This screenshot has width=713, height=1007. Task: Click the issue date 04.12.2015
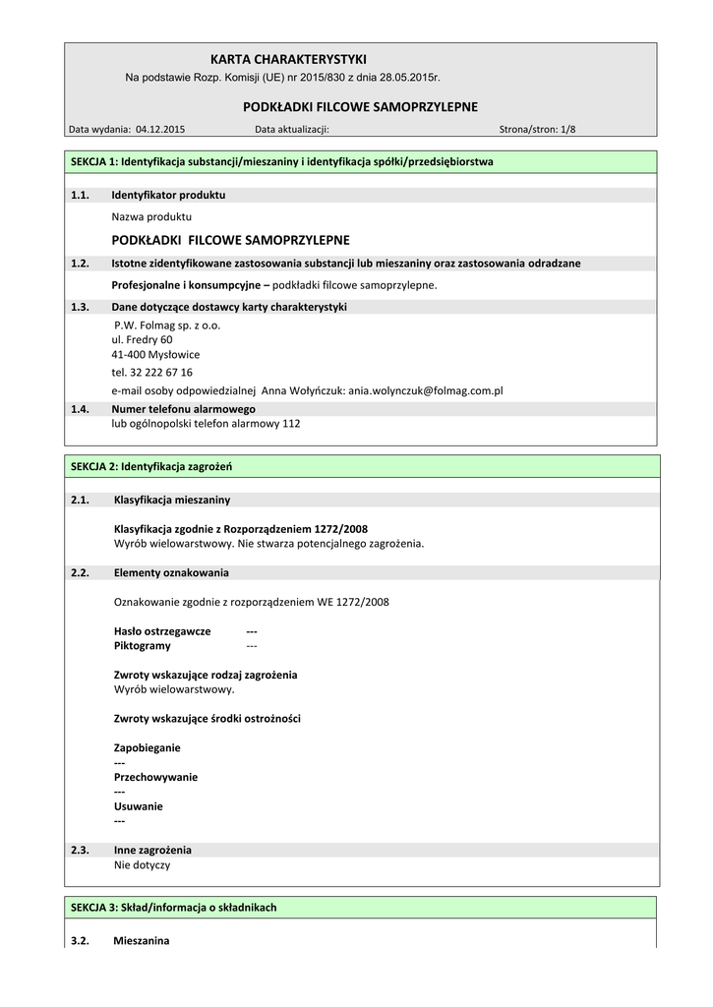click(x=160, y=129)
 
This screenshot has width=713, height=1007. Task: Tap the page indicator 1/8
click(x=567, y=129)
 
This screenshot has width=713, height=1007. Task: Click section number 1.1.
click(x=81, y=195)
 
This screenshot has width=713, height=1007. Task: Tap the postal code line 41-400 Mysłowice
click(x=155, y=354)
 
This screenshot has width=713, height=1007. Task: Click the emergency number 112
click(x=291, y=424)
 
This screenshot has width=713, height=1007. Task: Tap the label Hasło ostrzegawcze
click(x=162, y=630)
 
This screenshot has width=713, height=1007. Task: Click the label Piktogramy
click(x=143, y=645)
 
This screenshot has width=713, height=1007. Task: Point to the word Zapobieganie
click(x=148, y=747)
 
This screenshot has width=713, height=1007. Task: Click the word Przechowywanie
click(x=155, y=777)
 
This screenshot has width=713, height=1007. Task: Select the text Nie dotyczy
click(x=142, y=864)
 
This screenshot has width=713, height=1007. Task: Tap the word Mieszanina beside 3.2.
click(x=142, y=941)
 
